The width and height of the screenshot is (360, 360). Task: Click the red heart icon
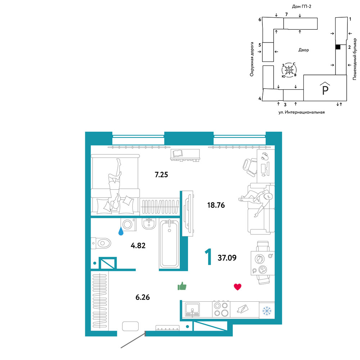237,287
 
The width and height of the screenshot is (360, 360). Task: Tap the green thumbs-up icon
182,286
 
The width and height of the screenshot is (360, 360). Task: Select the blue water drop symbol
121,231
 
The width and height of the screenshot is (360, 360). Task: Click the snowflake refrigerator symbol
267,311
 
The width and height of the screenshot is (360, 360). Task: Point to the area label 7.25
161,175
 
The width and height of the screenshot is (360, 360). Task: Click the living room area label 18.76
216,205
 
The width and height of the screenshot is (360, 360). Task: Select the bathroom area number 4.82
138,246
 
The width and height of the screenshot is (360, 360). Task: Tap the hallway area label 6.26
143,297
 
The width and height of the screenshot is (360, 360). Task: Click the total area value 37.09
227,258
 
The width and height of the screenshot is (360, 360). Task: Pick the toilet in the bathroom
101,243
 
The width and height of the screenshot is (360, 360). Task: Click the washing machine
129,224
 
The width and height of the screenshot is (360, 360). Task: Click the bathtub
169,244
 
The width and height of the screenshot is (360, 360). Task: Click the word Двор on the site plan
303,50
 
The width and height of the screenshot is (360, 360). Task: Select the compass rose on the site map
289,70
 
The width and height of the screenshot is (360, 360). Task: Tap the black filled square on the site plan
338,47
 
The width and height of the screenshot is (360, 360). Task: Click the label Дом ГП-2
301,6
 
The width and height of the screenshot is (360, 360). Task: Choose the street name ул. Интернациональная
301,112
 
